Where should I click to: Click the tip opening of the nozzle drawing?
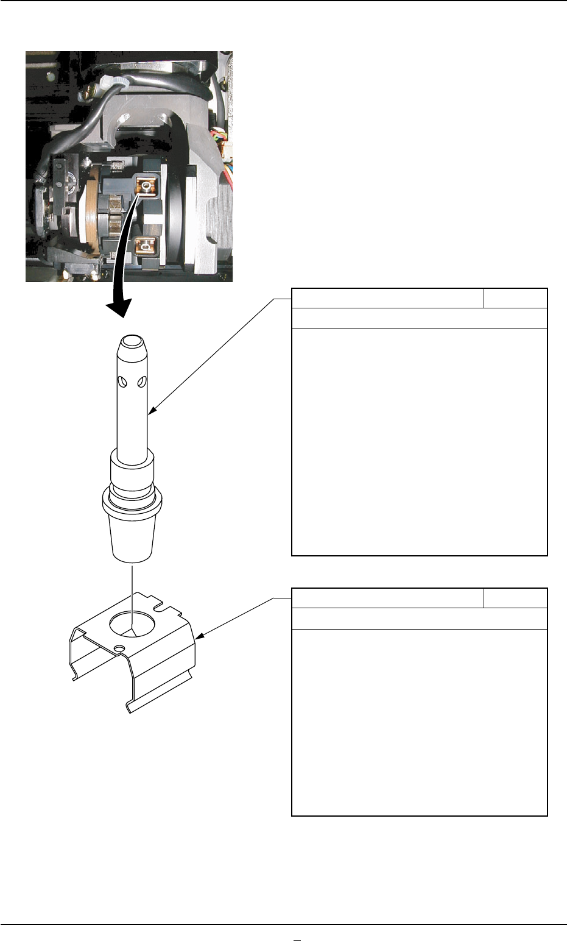(132, 339)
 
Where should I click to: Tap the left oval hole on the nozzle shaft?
(123, 382)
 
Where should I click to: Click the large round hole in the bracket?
(132, 625)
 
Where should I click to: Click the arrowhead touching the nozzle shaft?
(152, 411)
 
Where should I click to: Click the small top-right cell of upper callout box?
(515, 299)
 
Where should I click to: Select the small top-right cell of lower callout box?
(515, 598)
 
